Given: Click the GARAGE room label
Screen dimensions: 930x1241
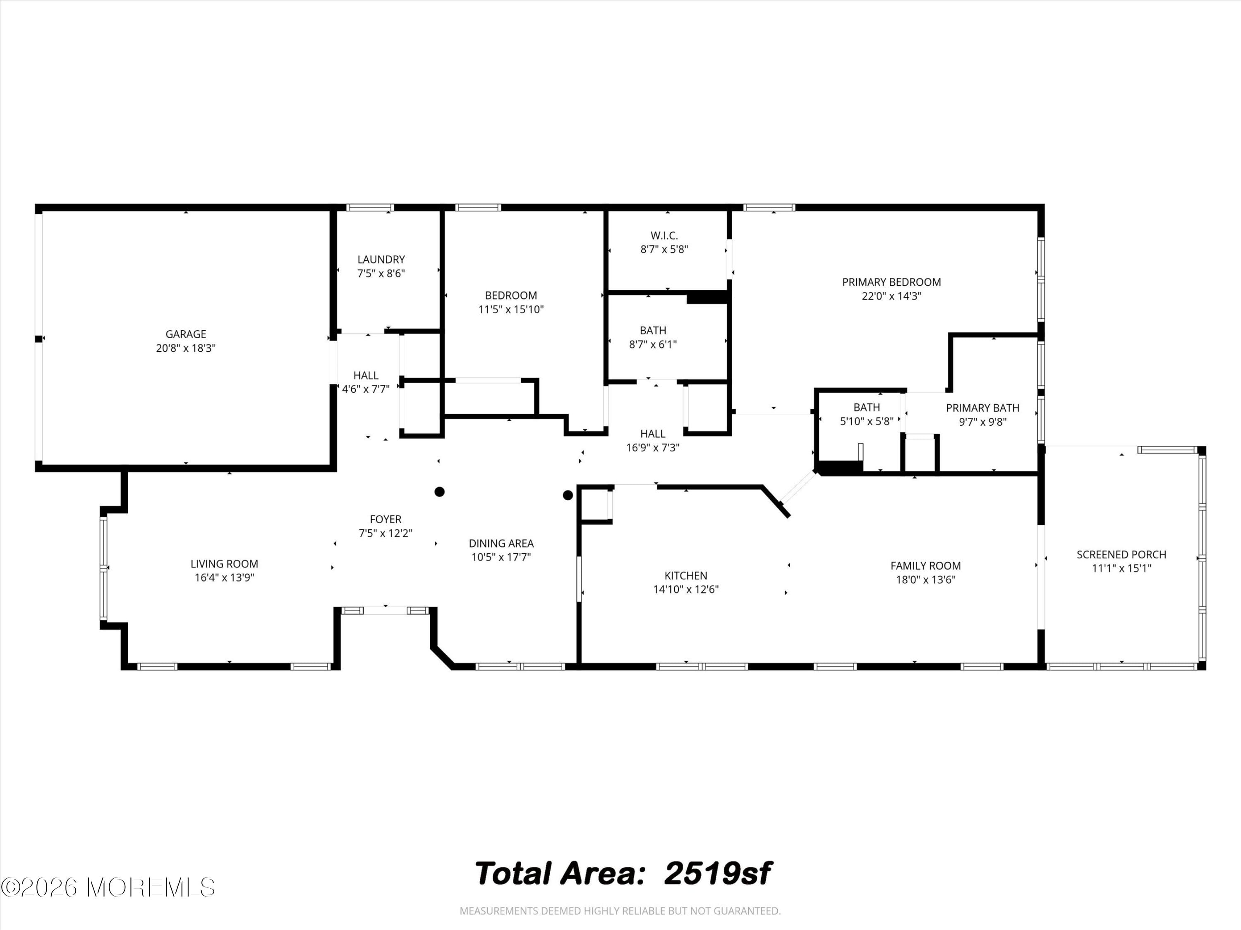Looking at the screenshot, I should pos(186,334).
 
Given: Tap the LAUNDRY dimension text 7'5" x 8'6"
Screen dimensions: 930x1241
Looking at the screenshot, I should pos(381,274).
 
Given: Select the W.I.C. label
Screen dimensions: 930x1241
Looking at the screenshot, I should pos(664,236).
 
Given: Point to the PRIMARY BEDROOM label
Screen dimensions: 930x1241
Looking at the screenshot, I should pos(891,282).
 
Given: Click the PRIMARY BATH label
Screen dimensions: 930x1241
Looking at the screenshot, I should pos(982,408).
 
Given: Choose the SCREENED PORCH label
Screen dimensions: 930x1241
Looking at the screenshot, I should pos(1121,554).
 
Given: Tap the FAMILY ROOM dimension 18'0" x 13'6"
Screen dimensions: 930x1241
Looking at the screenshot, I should pos(926,579).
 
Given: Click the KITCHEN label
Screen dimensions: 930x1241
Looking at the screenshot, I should pos(685,575).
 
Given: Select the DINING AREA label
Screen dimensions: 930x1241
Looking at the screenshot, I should pos(501,543).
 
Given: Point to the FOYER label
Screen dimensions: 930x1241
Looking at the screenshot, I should pos(386,519).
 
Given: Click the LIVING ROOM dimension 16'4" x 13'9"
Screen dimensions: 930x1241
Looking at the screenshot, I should pos(224,578).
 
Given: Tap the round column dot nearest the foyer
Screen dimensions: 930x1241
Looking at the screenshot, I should pos(440,491).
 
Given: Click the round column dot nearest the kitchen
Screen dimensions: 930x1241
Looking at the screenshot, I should pos(568,495).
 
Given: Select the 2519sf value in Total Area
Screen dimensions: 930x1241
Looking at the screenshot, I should pos(718,873).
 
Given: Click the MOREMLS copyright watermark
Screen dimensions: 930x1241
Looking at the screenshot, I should pos(108,887).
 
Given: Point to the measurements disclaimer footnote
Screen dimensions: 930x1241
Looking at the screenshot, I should pos(620,911).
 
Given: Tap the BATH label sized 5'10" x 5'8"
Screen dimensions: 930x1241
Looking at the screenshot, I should pos(867,408).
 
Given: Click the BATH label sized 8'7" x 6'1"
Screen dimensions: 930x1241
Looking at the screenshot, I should pos(653,331).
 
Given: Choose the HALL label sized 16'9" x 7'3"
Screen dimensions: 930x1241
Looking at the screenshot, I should pos(652,434).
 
